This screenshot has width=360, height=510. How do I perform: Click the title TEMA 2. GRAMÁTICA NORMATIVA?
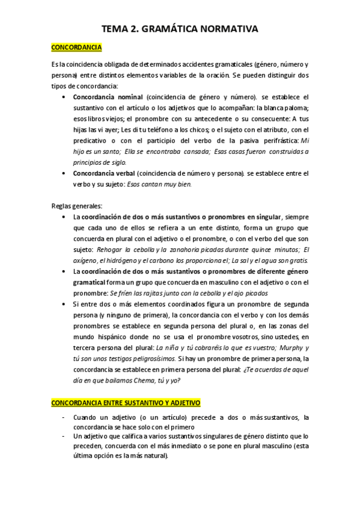pyautogui.click(x=180, y=28)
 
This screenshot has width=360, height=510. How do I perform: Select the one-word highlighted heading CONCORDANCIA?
pyautogui.click(x=77, y=48)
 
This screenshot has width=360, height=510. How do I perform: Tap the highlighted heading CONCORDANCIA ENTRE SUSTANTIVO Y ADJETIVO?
pyautogui.click(x=126, y=402)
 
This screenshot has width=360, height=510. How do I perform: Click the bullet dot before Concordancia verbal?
pyautogui.click(x=64, y=173)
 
